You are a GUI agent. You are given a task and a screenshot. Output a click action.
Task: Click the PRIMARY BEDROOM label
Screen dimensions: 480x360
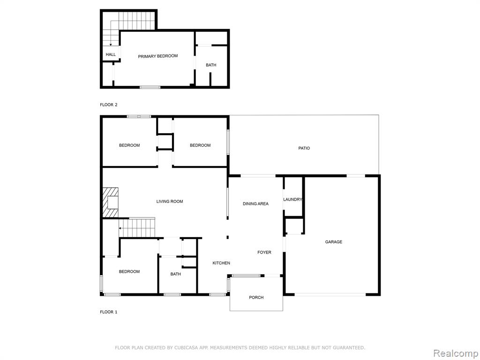pyautogui.click(x=157, y=56)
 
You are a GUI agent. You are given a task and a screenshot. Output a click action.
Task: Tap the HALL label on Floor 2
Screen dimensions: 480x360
pyautogui.click(x=111, y=54)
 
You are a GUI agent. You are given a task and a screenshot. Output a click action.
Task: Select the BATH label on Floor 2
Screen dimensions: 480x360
pyautogui.click(x=211, y=65)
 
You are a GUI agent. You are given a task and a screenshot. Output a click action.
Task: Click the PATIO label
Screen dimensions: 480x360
pyautogui.click(x=304, y=148)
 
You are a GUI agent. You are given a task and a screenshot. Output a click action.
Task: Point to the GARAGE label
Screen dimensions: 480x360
pyautogui.click(x=334, y=242)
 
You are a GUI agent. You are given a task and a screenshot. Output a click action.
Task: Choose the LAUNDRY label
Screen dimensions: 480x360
pyautogui.click(x=292, y=199)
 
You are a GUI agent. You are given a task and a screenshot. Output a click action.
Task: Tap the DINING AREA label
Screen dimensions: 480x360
pyautogui.click(x=255, y=203)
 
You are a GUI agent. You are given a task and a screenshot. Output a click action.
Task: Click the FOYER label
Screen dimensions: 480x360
pyautogui.click(x=264, y=252)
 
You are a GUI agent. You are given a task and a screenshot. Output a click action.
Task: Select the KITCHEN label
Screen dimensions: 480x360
pyautogui.click(x=221, y=263)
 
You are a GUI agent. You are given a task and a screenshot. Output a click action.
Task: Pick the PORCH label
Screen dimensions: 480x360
pyautogui.click(x=256, y=297)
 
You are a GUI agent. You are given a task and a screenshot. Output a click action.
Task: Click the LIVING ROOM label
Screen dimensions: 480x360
pyautogui.click(x=170, y=202)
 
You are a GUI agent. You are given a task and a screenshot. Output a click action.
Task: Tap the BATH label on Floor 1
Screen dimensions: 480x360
pyautogui.click(x=176, y=274)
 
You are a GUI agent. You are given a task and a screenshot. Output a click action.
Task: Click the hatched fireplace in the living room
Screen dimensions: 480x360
pyautogui.click(x=111, y=202)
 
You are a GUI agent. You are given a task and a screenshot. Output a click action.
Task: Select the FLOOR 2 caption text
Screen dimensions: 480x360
pyautogui.click(x=109, y=105)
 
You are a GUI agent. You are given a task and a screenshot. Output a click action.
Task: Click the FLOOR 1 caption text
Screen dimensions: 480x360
pyautogui.click(x=109, y=312)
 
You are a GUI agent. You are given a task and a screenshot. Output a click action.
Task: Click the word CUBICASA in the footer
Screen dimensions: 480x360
pyautogui.click(x=185, y=347)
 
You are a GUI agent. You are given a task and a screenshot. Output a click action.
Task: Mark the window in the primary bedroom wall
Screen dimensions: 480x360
pyautogui.click(x=150, y=87)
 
